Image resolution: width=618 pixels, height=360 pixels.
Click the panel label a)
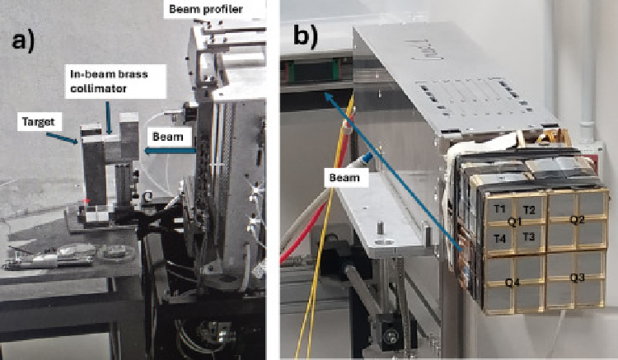coord(23,41)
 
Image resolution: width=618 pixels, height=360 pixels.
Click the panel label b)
coord(306,36)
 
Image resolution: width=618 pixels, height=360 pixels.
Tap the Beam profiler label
coord(206,9)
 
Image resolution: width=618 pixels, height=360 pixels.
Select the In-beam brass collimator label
coord(109,81)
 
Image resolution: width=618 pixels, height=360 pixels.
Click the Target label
coord(39,122)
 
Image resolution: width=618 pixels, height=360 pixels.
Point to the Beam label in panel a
coord(168,137)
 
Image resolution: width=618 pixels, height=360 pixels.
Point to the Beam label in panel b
coord(344,177)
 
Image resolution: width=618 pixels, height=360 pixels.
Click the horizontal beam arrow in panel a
coord(171,151)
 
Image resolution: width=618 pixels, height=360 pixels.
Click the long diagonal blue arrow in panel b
coord(393,171)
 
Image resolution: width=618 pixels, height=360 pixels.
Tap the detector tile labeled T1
coord(499,208)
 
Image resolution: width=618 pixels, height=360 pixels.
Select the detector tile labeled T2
coord(529,209)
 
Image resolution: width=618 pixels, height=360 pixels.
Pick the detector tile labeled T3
coord(529,237)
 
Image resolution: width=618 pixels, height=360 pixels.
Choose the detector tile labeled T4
coord(499,238)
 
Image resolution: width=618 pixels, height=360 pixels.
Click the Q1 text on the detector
coord(514,222)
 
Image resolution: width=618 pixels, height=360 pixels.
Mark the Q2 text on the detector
coord(578,220)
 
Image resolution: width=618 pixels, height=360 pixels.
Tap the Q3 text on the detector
coord(578,278)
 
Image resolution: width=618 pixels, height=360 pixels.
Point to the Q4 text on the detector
coord(513,282)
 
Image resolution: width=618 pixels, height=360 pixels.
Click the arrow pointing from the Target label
coord(63,138)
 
